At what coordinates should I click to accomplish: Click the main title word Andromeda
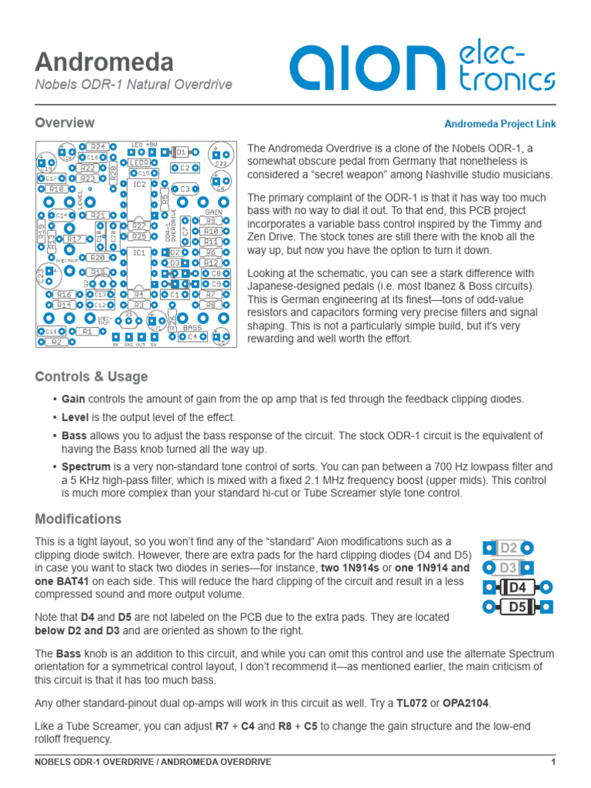tap(104, 62)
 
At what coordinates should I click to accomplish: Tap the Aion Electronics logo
tap(422, 67)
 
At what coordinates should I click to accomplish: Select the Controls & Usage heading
tap(92, 376)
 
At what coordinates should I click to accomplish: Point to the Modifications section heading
tap(78, 519)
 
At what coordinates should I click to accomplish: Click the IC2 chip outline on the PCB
tap(139, 202)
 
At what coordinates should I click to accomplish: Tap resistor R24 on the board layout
tap(97, 146)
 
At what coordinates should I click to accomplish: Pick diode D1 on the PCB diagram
tap(182, 152)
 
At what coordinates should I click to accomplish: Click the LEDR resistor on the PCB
tap(139, 163)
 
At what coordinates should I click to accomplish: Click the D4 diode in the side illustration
tap(518, 588)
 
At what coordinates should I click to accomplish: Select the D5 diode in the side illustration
tap(518, 607)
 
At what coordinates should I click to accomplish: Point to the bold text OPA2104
tap(465, 703)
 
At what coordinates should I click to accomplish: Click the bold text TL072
tap(412, 703)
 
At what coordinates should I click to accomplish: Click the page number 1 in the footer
tap(553, 762)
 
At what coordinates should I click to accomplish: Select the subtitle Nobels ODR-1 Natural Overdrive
tap(134, 85)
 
